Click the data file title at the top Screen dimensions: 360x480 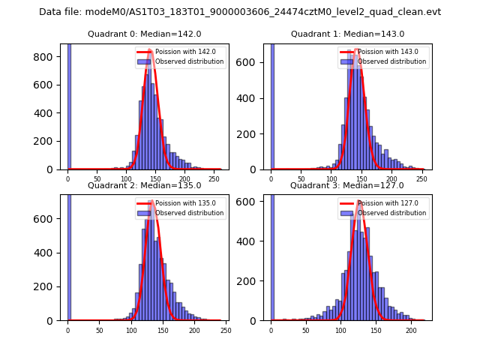coord(240,12)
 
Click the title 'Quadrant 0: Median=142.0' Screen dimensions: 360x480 coord(144,34)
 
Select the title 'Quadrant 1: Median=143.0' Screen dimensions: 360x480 coord(347,34)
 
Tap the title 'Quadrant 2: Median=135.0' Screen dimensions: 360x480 coord(144,185)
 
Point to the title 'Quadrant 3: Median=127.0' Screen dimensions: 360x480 coord(347,185)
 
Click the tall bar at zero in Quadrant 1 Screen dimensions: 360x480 coord(271,105)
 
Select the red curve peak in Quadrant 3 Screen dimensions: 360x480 coord(359,202)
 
